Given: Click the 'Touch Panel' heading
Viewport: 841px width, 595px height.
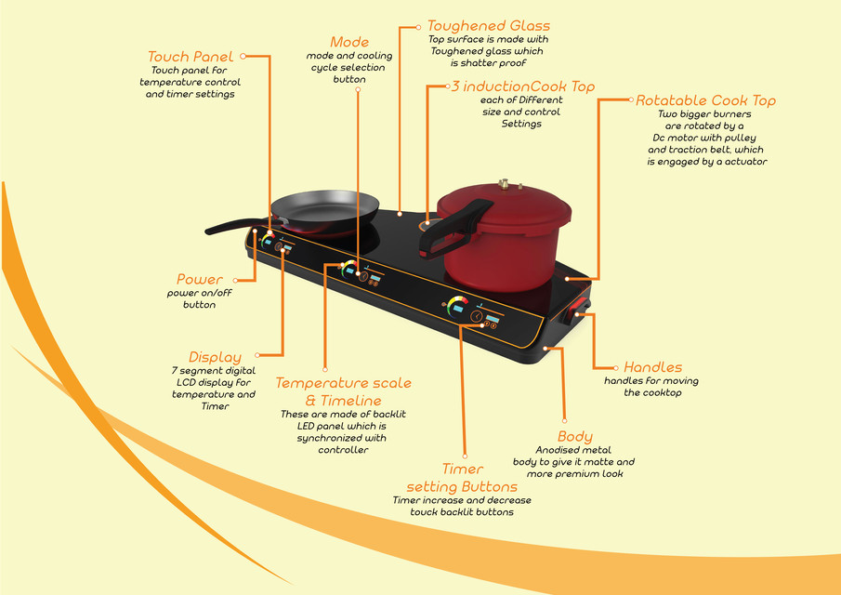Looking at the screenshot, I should [191, 57].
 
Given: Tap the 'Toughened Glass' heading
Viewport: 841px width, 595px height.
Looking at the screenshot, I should [489, 26].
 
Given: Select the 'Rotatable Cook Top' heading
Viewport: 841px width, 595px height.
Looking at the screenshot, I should [705, 100].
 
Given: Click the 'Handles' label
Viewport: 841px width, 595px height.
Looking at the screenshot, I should [652, 367].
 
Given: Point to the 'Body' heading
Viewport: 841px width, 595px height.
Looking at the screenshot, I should [574, 436].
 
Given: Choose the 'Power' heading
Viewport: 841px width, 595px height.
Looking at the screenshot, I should [200, 279].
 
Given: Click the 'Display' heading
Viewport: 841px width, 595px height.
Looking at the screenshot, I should [215, 357].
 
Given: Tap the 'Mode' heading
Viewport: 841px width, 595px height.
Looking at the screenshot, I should [349, 42].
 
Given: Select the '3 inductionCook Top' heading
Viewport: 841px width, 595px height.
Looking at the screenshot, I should [522, 86].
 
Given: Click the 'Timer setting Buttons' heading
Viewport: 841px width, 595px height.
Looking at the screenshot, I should [462, 478].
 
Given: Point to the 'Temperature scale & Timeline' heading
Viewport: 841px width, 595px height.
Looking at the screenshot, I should [343, 391].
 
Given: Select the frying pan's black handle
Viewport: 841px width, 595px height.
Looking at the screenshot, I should [228, 228].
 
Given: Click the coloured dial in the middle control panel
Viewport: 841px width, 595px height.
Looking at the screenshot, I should [349, 270].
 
